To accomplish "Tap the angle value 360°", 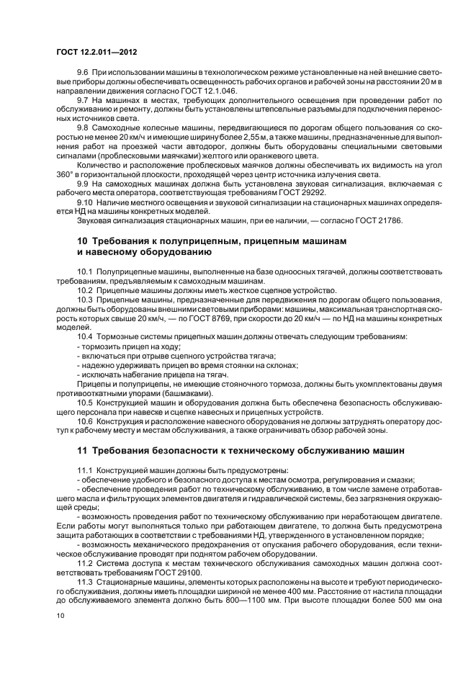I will (66, 176).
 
